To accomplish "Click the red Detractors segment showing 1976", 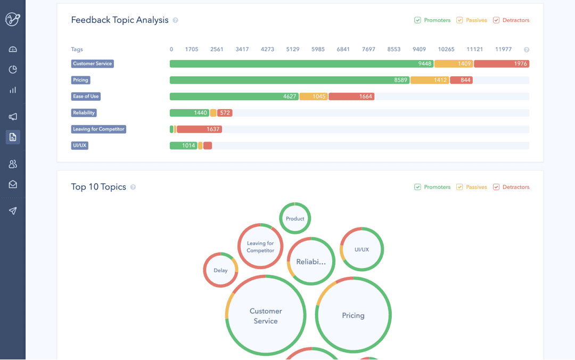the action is tap(502, 64).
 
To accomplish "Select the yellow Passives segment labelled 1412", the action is tap(430, 80).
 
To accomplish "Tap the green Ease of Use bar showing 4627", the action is tap(234, 96).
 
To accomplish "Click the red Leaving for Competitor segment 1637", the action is tap(199, 129).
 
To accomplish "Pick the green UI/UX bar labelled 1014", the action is tap(183, 146).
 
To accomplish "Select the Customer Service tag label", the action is tap(93, 64).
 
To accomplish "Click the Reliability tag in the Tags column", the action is tap(84, 113).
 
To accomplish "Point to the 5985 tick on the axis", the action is tap(318, 49).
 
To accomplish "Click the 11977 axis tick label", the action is tap(503, 49).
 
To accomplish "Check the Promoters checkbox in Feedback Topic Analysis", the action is tap(417, 20).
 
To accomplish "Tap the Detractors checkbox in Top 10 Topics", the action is tap(496, 187).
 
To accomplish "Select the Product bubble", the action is tap(295, 218).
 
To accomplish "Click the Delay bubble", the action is tap(220, 270).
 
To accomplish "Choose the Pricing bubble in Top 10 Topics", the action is tap(353, 315).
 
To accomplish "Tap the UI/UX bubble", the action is tap(362, 249).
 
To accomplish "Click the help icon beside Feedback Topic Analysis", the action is tap(175, 20).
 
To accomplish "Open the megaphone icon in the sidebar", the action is tap(13, 117).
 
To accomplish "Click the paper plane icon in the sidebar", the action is tap(13, 211).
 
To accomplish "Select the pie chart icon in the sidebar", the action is tap(13, 69).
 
